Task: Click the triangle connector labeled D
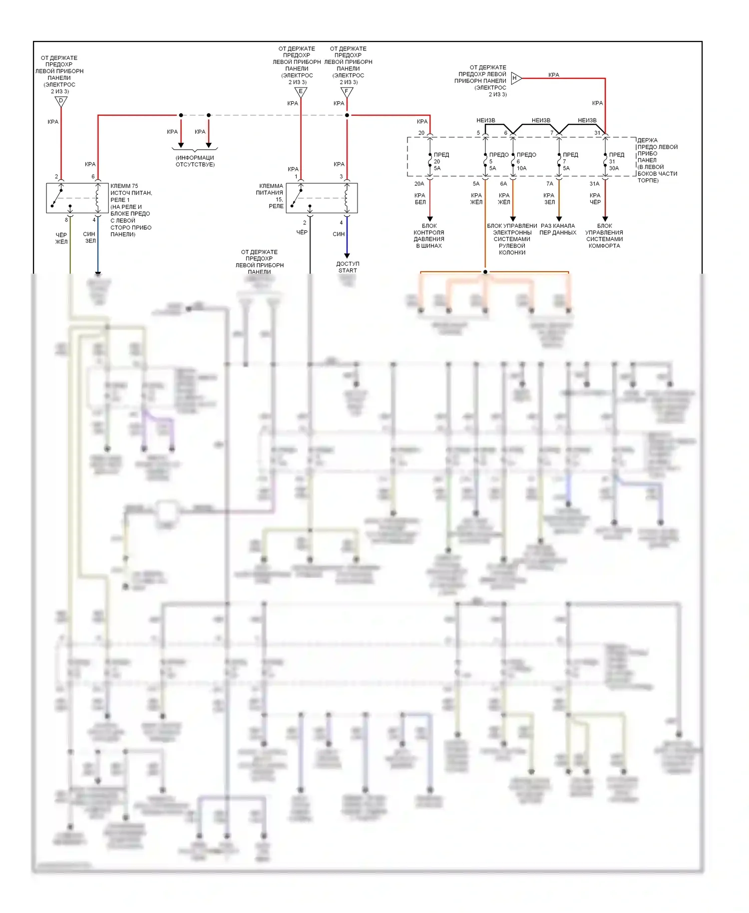point(61,101)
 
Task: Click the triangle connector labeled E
point(301,92)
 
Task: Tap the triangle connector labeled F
point(347,92)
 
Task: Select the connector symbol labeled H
point(516,78)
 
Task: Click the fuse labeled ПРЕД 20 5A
point(430,161)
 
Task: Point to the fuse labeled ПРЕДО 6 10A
point(513,161)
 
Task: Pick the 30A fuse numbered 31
point(605,161)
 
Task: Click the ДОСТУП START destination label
point(348,267)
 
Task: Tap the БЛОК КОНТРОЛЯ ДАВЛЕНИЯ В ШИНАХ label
point(429,236)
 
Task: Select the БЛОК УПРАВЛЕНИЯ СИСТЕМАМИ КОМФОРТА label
point(604,236)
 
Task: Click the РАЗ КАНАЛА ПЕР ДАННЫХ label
point(558,229)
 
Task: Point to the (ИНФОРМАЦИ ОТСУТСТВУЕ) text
point(195,161)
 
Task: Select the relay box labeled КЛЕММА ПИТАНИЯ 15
point(322,198)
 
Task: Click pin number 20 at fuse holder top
point(421,133)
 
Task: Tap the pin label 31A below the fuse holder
point(594,184)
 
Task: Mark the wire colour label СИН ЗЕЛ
point(90,237)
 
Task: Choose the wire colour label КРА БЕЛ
point(420,199)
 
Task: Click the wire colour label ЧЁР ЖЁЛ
point(61,238)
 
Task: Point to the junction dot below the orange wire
point(485,272)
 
